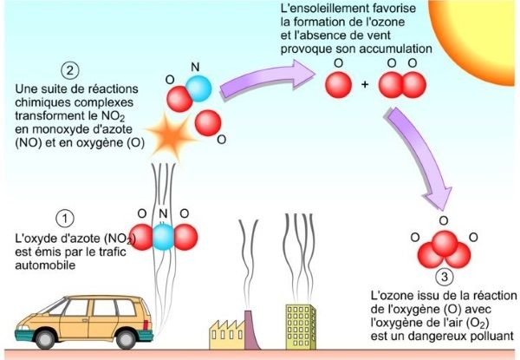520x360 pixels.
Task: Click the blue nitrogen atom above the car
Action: click(x=162, y=237)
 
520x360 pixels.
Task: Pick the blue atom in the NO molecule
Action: click(x=198, y=89)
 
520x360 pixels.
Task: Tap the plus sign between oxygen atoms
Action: click(x=365, y=85)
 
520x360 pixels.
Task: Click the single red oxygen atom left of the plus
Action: click(x=337, y=84)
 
